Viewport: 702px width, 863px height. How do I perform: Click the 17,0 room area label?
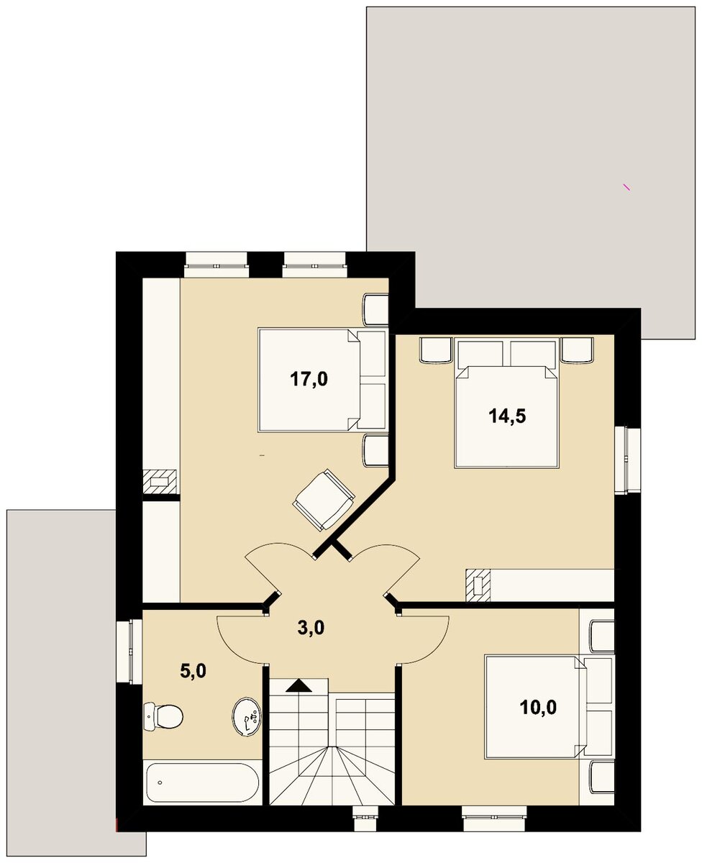[x=309, y=380]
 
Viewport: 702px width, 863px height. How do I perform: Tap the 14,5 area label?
[x=507, y=416]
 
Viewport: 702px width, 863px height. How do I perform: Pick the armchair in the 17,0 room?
[x=324, y=499]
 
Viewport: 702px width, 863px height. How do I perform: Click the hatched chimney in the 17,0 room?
[x=160, y=482]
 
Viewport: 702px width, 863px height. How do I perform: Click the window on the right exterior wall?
[x=627, y=459]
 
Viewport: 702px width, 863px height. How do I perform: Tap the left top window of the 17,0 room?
[x=216, y=264]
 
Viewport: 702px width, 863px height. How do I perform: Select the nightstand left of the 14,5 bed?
[x=436, y=350]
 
